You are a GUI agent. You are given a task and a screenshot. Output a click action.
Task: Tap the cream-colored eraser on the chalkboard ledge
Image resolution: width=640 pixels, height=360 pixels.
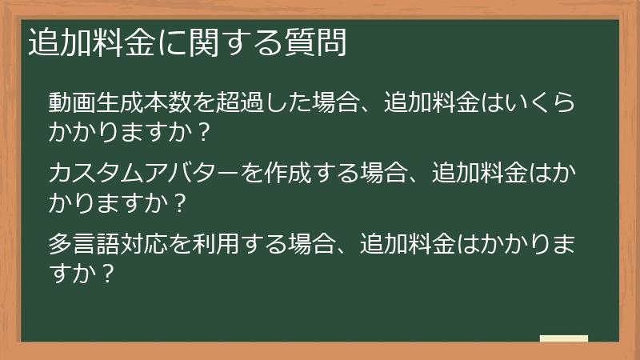563,339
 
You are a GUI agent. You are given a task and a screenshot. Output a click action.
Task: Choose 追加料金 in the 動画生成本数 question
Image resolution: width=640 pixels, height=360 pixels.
432,103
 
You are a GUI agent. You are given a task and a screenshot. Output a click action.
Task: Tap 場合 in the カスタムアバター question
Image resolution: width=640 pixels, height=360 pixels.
385,173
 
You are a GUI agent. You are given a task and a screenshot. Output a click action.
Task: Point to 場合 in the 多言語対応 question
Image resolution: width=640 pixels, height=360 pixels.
313,242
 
